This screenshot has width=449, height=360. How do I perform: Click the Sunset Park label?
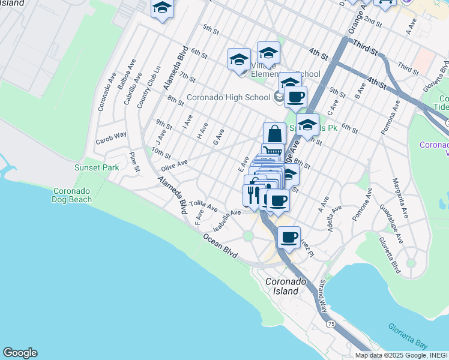[x=97, y=167]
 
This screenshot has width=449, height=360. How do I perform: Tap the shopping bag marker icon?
[x=274, y=133]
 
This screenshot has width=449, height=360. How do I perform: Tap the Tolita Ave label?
[x=203, y=205]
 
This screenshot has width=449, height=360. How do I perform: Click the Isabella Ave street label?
[x=228, y=221]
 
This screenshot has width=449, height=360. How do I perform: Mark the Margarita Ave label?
[x=401, y=197]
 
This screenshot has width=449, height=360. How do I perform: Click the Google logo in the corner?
[x=20, y=352]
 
